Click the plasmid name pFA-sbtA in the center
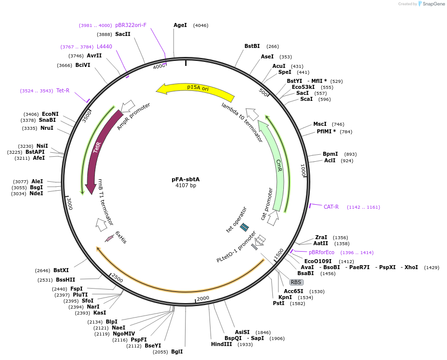(x=186, y=179)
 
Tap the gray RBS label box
(x=296, y=282)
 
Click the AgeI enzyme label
(x=180, y=25)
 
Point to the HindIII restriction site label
(x=221, y=345)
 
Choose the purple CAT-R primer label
(x=331, y=207)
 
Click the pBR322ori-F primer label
(x=131, y=25)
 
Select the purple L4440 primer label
(x=104, y=46)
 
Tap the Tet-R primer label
(x=63, y=90)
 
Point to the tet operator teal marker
(x=244, y=227)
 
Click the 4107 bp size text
(x=186, y=186)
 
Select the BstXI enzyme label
(x=61, y=270)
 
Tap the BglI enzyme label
(x=177, y=352)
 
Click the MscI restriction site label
(x=320, y=124)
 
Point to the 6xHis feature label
(x=121, y=237)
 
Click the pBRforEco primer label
(x=321, y=252)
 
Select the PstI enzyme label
(x=278, y=303)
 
